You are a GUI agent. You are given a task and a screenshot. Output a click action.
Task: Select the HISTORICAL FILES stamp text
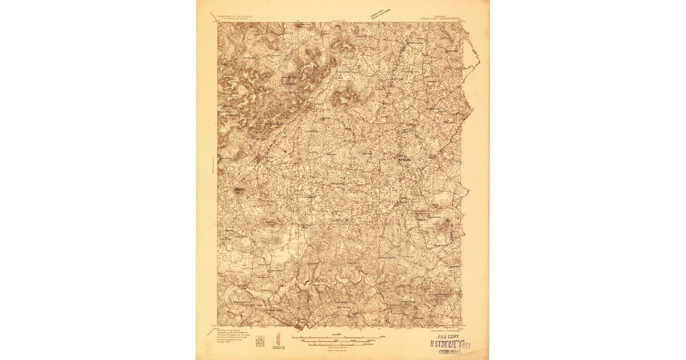[x=451, y=345]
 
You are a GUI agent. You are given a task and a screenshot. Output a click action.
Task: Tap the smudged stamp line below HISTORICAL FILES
[x=451, y=352]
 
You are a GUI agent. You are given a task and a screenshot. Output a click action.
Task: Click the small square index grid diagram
[x=261, y=340]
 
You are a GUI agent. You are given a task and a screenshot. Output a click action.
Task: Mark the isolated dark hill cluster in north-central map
[x=344, y=96]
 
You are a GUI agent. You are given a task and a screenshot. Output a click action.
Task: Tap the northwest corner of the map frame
[x=218, y=23]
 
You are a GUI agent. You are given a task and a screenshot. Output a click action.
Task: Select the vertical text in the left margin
[x=212, y=166]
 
